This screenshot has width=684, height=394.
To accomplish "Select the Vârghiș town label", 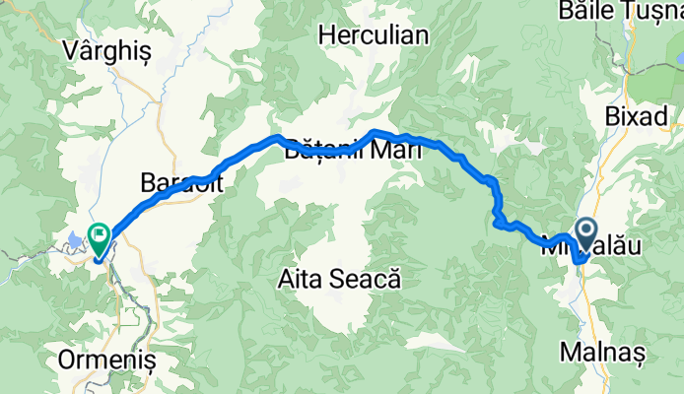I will click(105, 51).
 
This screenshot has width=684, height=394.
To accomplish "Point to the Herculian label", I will click(374, 36).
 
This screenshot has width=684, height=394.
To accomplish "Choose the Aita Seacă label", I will click(340, 280).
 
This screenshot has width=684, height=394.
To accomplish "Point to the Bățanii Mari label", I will click(353, 152).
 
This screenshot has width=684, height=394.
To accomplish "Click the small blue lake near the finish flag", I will click(76, 237).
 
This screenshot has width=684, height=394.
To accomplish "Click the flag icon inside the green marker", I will click(100, 234).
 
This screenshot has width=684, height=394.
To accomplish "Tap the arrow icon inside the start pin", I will click(585, 232).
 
